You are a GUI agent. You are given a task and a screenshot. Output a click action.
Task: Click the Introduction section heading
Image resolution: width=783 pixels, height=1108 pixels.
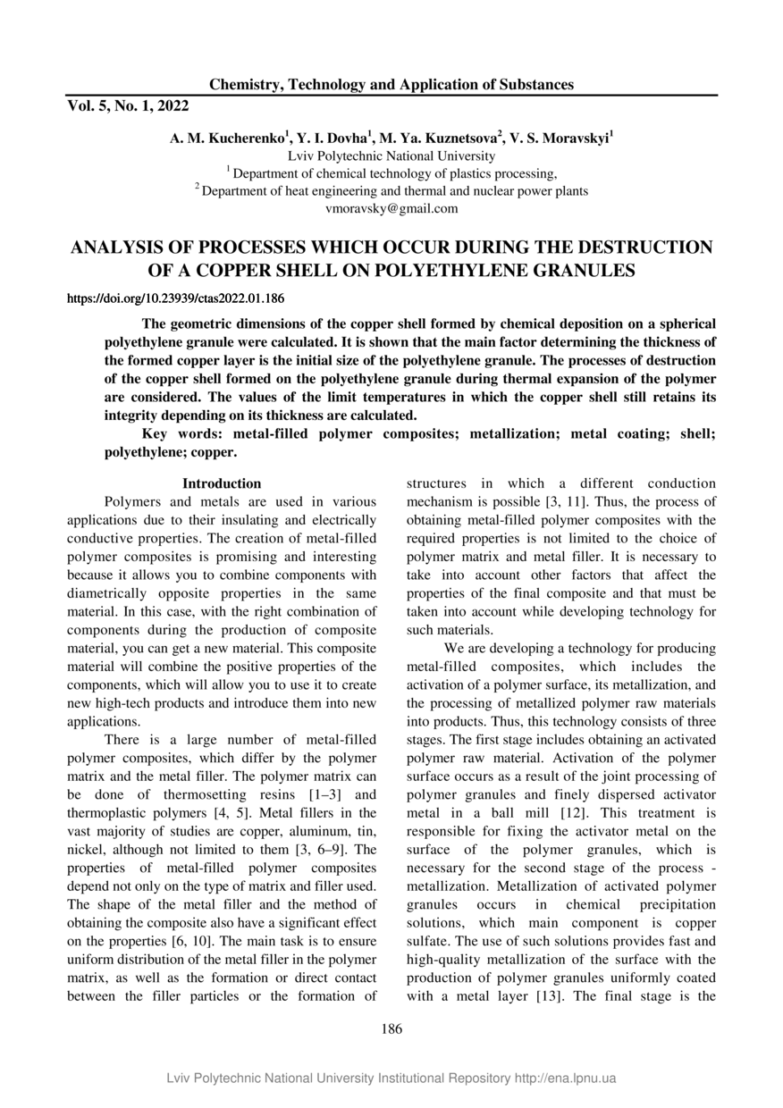pos(222,483)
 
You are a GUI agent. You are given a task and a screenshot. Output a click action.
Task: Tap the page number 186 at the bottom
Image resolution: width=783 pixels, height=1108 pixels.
pos(391,1028)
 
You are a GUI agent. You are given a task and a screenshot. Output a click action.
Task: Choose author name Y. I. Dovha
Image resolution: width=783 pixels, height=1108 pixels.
pos(333,138)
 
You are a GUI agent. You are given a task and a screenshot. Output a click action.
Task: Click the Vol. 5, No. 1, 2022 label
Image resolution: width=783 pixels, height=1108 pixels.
pos(128,106)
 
